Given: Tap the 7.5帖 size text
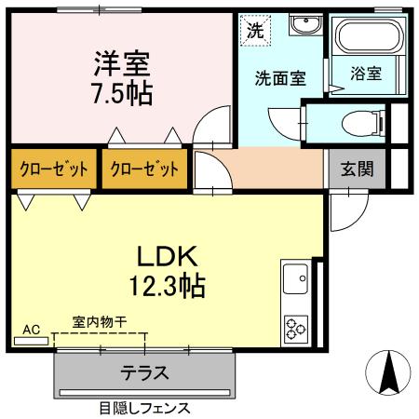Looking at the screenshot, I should click(x=121, y=92).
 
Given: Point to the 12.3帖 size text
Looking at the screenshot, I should click(x=168, y=284).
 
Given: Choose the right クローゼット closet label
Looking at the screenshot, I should click(x=143, y=169).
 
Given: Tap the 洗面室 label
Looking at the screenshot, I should click(x=280, y=79).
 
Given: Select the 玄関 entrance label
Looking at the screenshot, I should click(x=356, y=169).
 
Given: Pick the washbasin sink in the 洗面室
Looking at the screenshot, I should click(x=304, y=25).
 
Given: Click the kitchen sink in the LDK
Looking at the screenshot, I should click(x=296, y=277).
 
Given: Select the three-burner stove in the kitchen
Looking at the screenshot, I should click(x=296, y=327).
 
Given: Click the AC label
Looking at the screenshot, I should click(x=32, y=330).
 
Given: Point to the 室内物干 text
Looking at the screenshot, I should click(x=100, y=322).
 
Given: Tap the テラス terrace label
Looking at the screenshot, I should click(x=144, y=374).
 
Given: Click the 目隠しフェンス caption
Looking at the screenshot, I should click(x=144, y=407).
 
